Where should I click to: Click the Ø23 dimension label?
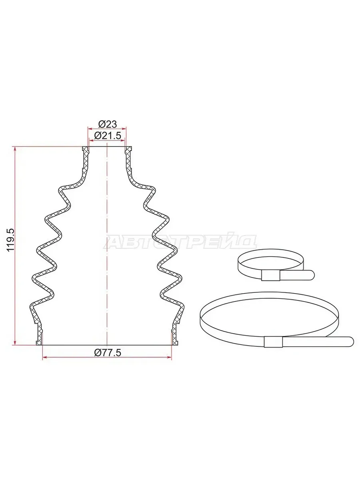pyautogui.click(x=108, y=124)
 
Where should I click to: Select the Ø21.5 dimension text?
pyautogui.click(x=107, y=136)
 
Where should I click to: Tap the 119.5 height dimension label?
pyautogui.click(x=10, y=240)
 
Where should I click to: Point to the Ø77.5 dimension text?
pyautogui.click(x=107, y=352)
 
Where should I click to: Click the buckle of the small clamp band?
pyautogui.click(x=271, y=275)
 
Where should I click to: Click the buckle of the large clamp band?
pyautogui.click(x=273, y=342)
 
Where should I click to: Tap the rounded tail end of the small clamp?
pyautogui.click(x=312, y=275)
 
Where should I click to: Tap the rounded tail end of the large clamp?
pyautogui.click(x=350, y=341)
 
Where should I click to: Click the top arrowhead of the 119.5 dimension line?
pyautogui.click(x=15, y=149)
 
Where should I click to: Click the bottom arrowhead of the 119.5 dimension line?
pyautogui.click(x=15, y=343)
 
